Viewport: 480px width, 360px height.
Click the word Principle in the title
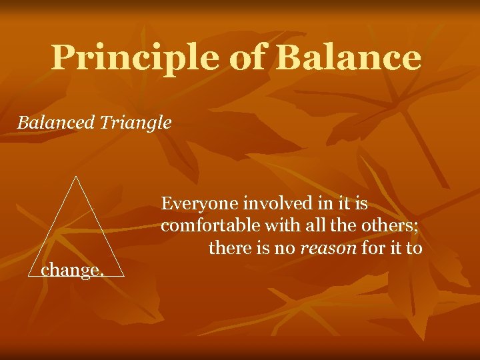point(133,58)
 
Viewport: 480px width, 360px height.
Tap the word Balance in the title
point(348,58)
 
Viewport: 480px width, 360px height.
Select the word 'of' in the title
point(247,58)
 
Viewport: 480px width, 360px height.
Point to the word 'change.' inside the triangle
point(73,270)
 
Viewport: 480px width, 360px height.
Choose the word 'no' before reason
point(285,249)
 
